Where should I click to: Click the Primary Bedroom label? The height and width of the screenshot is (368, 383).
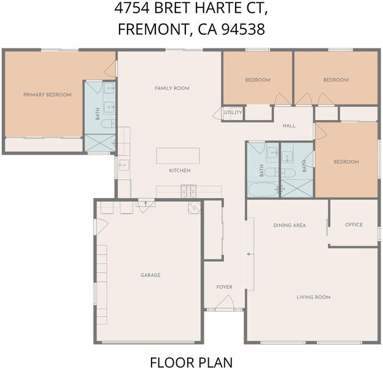[x=47, y=94]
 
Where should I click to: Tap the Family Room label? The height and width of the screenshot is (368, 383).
[x=172, y=88]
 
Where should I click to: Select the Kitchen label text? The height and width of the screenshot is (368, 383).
[x=180, y=171]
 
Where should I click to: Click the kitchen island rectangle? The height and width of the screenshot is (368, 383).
[x=178, y=156]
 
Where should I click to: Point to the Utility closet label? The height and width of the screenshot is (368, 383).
[x=233, y=112]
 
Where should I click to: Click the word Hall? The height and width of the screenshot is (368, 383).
[x=289, y=126]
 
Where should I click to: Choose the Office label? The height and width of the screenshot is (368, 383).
[x=354, y=224]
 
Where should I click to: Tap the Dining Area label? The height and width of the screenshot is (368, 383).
[x=290, y=225]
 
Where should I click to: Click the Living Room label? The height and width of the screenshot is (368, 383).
[x=314, y=297]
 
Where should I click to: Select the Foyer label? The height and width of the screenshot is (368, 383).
[x=224, y=287]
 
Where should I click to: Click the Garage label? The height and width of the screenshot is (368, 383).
[x=150, y=275]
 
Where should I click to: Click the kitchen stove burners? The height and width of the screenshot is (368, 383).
[x=188, y=191]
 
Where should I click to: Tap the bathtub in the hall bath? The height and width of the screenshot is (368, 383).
[x=263, y=190]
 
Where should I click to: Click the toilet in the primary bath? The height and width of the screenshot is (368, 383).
[x=108, y=123]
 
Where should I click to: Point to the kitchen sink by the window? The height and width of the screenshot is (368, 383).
[x=124, y=165]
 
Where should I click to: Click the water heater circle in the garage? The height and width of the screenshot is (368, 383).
[x=195, y=208]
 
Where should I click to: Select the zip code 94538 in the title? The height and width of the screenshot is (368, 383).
[x=243, y=29]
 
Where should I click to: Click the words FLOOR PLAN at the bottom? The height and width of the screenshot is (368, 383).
[x=191, y=362]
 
